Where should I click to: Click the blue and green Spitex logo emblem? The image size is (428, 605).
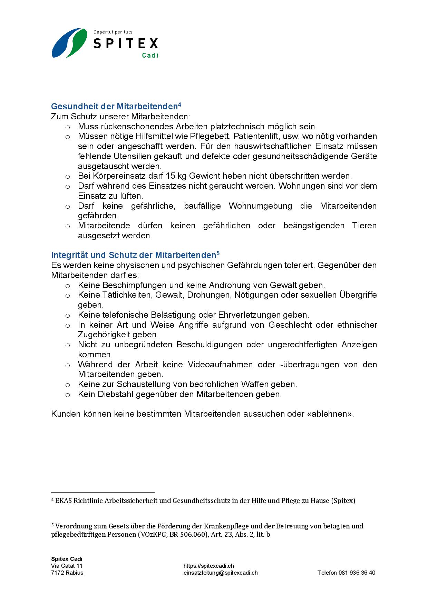click(69, 43)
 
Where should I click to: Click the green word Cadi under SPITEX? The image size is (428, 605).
click(150, 55)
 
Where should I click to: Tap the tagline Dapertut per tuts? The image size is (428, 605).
click(113, 32)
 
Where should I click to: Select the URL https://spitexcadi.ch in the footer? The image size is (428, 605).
click(208, 566)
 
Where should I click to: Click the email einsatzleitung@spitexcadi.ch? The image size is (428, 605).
click(221, 573)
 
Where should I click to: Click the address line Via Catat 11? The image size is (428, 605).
click(67, 566)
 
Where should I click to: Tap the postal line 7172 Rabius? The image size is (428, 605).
click(67, 573)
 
